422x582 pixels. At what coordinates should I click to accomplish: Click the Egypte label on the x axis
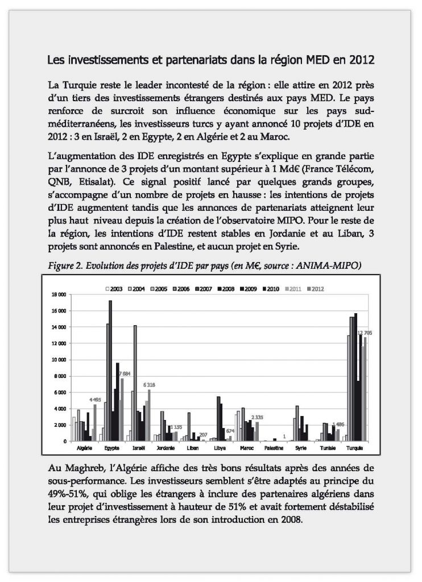111,448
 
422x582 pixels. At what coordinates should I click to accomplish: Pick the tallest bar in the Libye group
219,418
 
